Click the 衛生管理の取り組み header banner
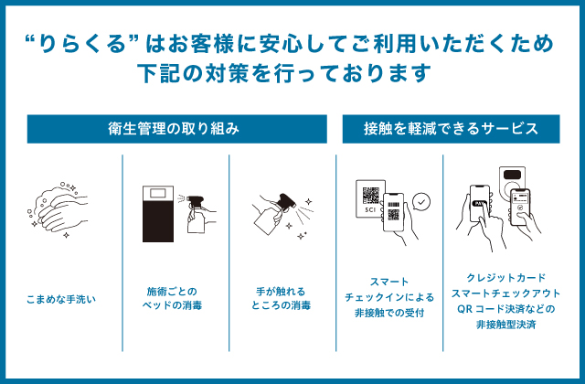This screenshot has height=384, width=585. tap(176, 129)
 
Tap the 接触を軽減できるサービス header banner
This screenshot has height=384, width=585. tap(451, 129)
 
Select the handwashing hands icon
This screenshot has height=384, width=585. tap(58, 210)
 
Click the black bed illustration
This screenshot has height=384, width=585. tap(158, 214)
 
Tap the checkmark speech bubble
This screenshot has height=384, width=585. tap(421, 202)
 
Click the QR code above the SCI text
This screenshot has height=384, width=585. tap(370, 196)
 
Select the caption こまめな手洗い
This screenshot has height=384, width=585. tap(61, 299)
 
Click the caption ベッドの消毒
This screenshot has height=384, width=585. tap(172, 305)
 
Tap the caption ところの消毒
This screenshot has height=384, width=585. tap(281, 305)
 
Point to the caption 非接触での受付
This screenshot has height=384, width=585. tap(389, 313)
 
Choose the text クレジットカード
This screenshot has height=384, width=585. tap(505, 278)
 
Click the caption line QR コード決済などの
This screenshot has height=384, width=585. tap(505, 309)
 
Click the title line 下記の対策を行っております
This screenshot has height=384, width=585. tap(284, 73)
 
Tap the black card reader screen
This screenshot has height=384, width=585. tap(512, 175)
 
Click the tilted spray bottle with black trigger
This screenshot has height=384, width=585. tap(275, 214)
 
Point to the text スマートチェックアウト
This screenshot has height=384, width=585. tap(505, 293)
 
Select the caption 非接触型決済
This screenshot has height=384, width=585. tap(505, 325)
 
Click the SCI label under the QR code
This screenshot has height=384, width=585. tap(370, 209)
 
